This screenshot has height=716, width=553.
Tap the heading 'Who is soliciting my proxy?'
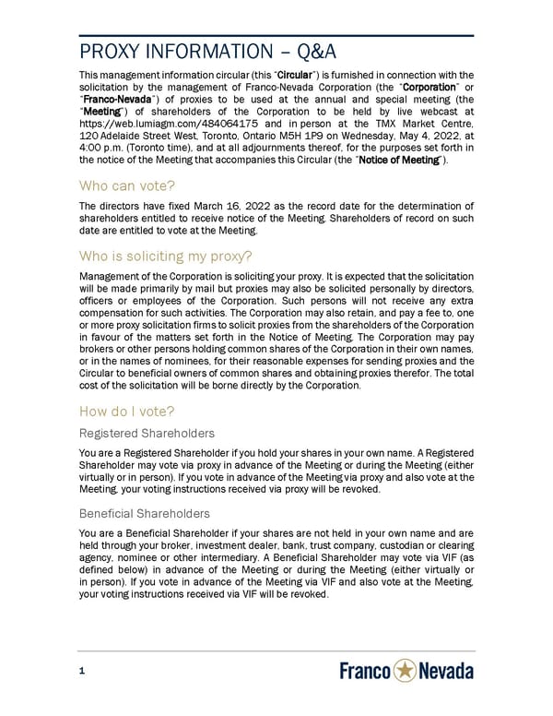(167, 256)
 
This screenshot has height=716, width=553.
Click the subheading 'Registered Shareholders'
(147, 433)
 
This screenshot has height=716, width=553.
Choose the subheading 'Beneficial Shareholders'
(145, 513)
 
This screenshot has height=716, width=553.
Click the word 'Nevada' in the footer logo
(447, 672)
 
